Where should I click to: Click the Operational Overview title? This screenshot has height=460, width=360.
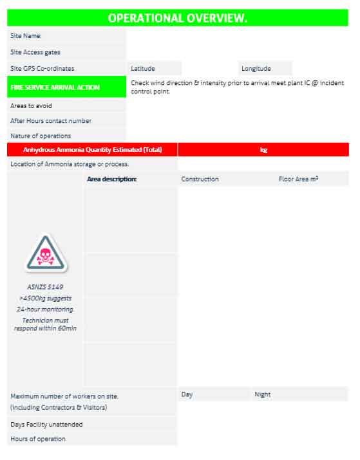point(177,18)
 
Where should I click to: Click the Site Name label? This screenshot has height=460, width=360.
point(26,36)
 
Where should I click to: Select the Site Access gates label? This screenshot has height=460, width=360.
point(35,52)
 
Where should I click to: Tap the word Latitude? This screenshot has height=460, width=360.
point(143,68)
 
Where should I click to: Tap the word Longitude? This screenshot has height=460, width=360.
point(256,68)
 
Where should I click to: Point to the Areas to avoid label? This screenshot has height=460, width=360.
point(31,106)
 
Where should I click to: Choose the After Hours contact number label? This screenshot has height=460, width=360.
point(51,120)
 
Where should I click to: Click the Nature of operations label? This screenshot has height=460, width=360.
point(41,136)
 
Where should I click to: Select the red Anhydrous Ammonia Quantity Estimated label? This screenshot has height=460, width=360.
point(92,150)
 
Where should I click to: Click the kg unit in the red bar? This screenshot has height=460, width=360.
point(263,150)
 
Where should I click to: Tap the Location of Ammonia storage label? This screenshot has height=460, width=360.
point(70,164)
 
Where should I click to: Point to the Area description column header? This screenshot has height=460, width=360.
point(111,179)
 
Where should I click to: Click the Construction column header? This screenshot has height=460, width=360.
point(200,179)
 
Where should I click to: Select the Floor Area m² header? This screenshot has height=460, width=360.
point(298,179)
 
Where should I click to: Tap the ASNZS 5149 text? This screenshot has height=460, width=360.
point(45,287)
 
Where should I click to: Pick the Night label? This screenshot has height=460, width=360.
point(262,394)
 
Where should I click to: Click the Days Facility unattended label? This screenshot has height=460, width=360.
point(46,425)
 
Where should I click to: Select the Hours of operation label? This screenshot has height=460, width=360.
point(38,439)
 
